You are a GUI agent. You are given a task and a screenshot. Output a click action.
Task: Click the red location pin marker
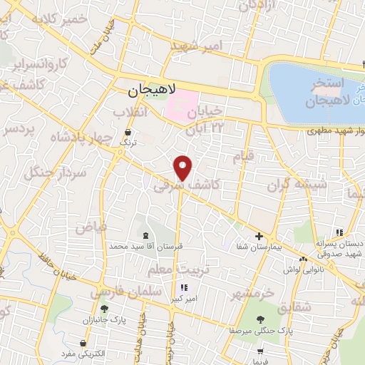tap(184, 167)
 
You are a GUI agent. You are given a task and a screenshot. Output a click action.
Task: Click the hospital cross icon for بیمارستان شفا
tap(259, 236)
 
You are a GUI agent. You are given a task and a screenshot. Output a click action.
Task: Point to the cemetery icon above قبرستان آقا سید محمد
tap(146, 235)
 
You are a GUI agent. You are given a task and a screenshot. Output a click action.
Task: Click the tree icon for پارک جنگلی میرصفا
tap(259, 319)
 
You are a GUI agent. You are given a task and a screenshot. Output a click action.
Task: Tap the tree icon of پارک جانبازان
tap(105, 309)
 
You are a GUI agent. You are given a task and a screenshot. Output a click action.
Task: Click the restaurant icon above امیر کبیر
tap(174, 288)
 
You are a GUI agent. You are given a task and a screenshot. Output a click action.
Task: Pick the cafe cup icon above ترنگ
tap(128, 133)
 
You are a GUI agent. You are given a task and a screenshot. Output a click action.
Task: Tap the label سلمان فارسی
tap(117, 291)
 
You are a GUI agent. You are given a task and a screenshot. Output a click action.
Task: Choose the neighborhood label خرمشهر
tap(252, 292)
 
